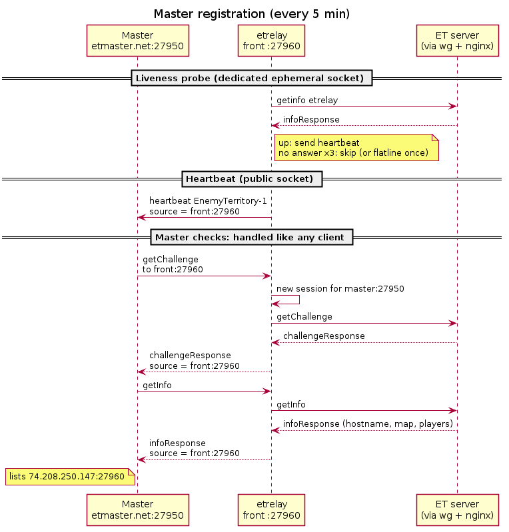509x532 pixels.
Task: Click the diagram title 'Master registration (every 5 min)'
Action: [252, 14]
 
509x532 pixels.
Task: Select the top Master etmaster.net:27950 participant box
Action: [137, 41]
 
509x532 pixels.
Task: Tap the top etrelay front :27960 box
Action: [271, 41]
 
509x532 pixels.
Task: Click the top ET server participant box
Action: [458, 41]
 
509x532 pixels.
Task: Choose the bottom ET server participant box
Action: [458, 510]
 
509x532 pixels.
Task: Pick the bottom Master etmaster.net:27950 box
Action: [137, 510]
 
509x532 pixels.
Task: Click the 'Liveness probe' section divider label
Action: [252, 78]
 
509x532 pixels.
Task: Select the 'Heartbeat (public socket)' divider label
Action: [252, 179]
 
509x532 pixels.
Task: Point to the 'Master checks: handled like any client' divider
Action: [252, 237]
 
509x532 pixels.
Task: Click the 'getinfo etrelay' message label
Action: [307, 101]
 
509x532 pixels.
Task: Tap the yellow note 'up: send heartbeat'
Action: [356, 148]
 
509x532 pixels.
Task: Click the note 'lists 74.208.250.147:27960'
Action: [71, 477]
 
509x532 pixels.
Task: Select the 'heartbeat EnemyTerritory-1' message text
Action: [208, 201]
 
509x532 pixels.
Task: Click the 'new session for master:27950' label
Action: [340, 289]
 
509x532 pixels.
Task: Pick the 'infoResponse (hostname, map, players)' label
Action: [368, 423]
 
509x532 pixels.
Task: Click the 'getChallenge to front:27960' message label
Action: [173, 264]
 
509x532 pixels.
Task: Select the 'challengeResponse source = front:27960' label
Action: [195, 360]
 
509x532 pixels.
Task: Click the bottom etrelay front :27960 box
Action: [271, 510]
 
